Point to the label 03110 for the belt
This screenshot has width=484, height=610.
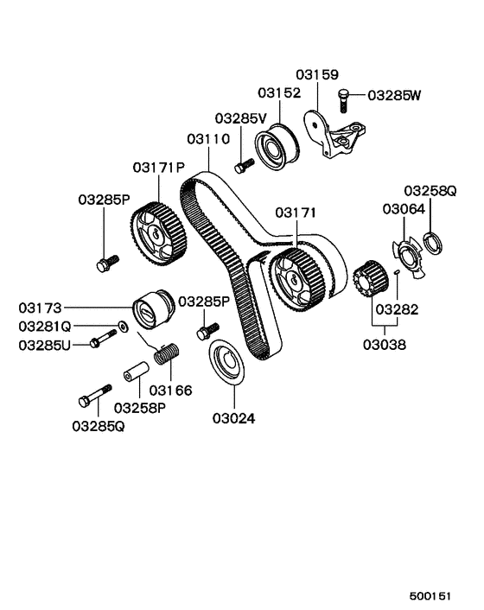[207, 138]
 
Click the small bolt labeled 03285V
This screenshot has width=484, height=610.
[243, 163]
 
